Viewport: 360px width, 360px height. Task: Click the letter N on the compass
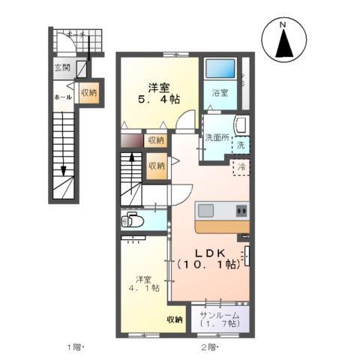283,27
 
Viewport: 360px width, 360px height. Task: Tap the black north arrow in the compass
283,46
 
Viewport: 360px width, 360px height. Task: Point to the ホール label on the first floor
62,97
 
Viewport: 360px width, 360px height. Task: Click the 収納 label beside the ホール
88,93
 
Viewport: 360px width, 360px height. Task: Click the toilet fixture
134,220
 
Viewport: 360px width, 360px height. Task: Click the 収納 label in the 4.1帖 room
175,320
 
